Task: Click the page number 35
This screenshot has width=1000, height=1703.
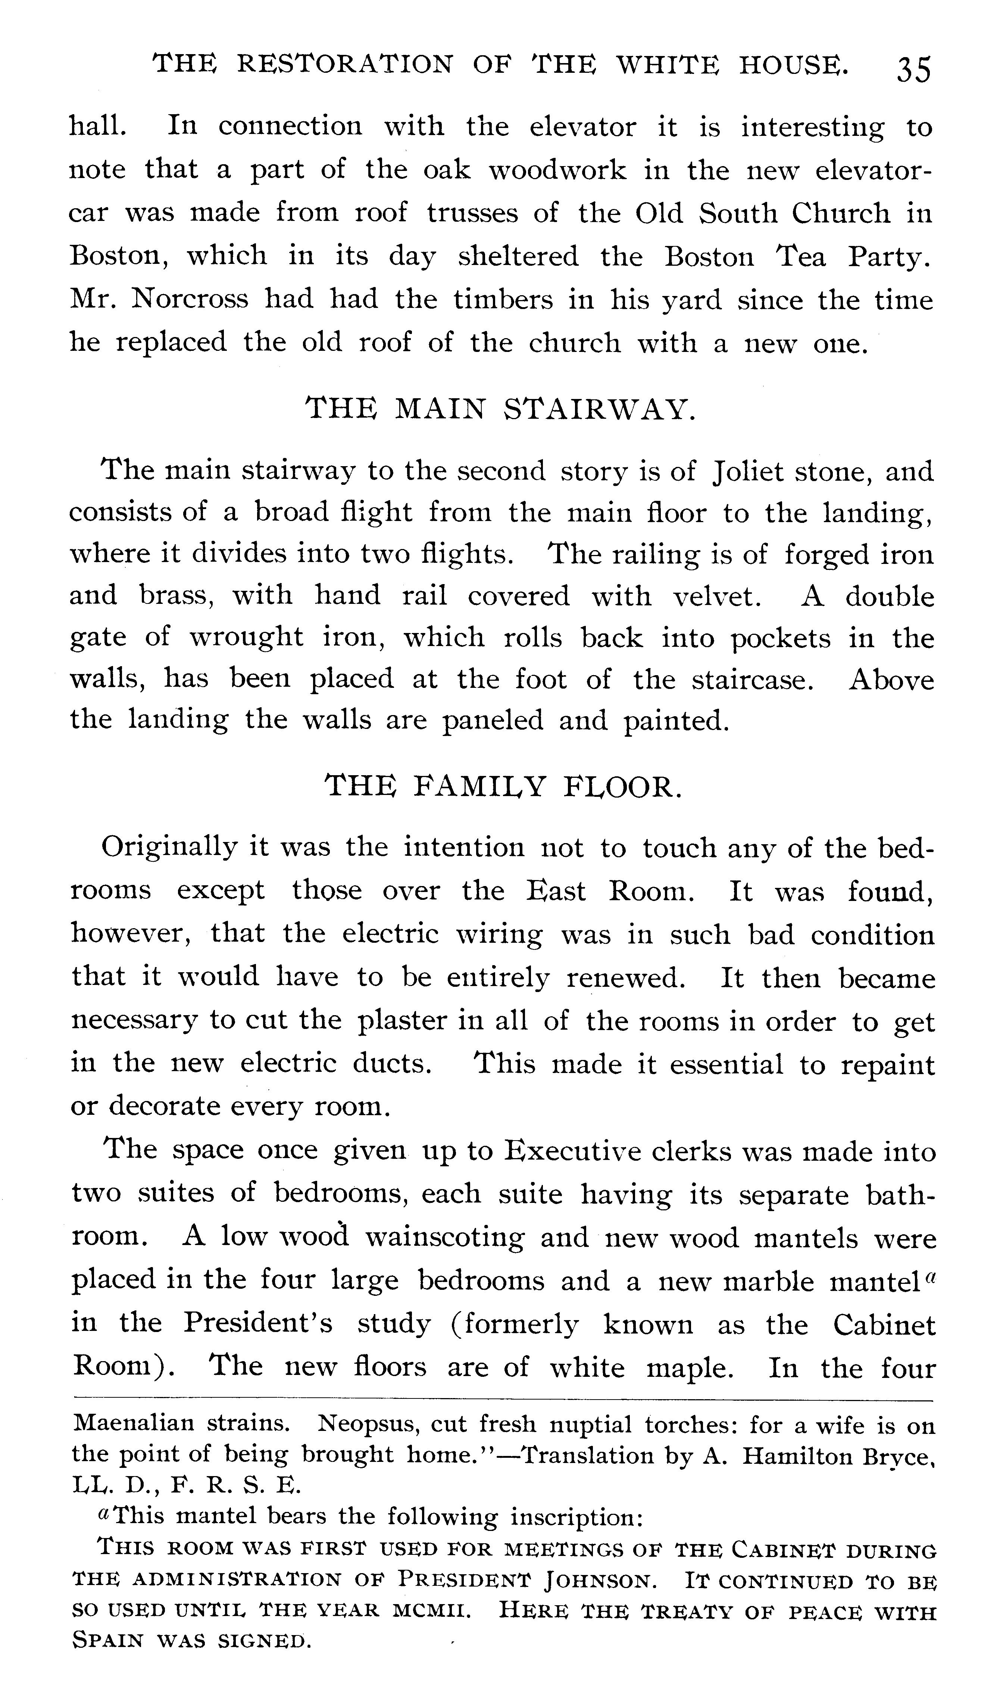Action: point(913,70)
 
